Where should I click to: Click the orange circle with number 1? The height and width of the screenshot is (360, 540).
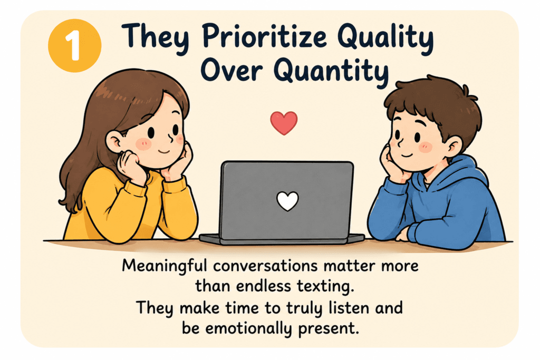coord(74,46)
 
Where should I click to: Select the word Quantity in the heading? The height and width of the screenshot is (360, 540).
coord(331,72)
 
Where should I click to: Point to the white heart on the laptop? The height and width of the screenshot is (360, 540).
coord(287,201)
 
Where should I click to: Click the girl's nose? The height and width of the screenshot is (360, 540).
coord(171,138)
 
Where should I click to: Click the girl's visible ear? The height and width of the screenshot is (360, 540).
coord(114,142)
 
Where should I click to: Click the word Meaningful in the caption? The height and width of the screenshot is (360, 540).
coord(165,266)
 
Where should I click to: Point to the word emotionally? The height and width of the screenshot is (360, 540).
coord(248,328)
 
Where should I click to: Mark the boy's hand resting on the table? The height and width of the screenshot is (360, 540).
coord(402,233)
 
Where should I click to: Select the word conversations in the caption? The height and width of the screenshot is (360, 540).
coord(265,266)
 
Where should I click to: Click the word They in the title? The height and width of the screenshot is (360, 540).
coord(156,37)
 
